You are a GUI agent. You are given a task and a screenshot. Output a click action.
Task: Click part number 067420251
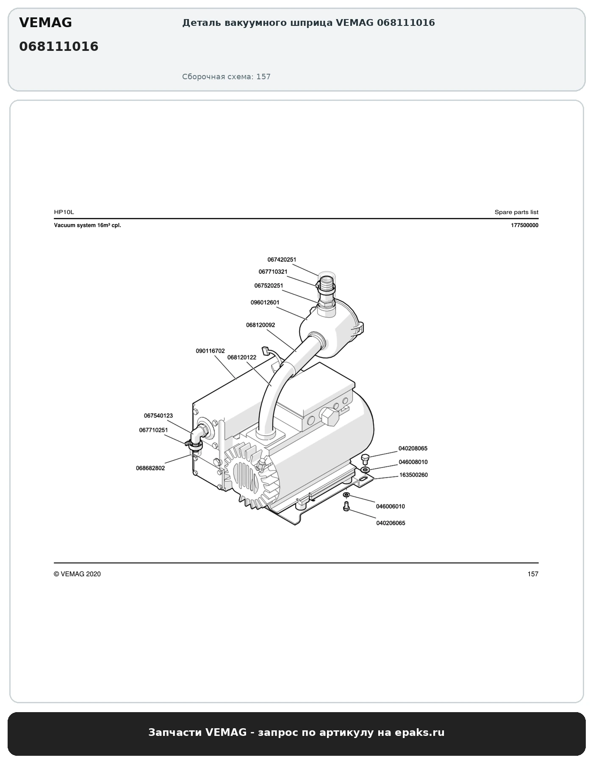click(x=282, y=259)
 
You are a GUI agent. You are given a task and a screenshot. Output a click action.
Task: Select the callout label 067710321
click(x=273, y=272)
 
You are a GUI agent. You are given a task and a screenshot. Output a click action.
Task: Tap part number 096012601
click(x=265, y=302)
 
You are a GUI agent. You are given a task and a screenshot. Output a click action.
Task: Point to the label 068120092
click(x=260, y=325)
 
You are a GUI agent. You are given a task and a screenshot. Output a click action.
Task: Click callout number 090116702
click(x=210, y=351)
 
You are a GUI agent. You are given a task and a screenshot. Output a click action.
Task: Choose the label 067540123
click(x=158, y=416)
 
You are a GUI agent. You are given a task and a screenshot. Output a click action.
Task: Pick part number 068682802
click(x=150, y=468)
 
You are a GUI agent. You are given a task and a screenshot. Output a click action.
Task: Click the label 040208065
click(x=413, y=448)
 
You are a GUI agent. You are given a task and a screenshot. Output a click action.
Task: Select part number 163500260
click(x=413, y=475)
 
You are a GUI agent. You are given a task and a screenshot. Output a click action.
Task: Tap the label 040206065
click(x=391, y=523)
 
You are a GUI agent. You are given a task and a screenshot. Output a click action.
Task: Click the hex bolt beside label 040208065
click(x=366, y=459)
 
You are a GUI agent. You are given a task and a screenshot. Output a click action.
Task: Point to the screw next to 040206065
click(x=346, y=506)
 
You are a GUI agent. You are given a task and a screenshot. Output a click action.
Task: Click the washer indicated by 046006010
click(x=346, y=495)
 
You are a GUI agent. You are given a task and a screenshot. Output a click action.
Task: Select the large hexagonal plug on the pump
click(x=330, y=417)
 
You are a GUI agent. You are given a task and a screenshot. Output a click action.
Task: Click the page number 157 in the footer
click(x=533, y=574)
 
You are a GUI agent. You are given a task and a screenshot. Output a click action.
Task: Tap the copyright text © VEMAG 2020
click(x=77, y=574)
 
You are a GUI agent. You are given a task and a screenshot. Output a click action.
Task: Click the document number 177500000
click(x=524, y=226)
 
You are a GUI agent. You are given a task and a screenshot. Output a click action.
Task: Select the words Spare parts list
click(x=516, y=212)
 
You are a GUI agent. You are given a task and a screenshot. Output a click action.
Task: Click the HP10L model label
click(x=64, y=212)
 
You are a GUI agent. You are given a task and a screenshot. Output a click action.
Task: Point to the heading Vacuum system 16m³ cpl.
click(x=87, y=226)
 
